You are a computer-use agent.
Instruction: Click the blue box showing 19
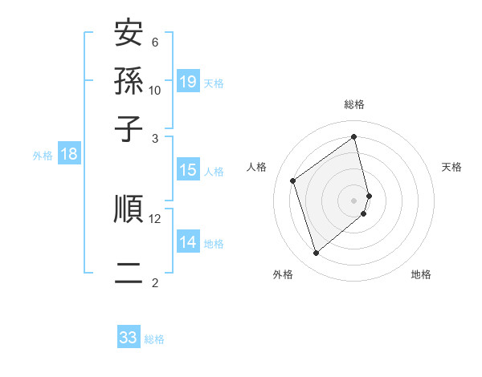(188, 82)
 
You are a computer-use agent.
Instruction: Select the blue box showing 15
(188, 170)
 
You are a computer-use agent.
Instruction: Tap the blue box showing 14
(188, 242)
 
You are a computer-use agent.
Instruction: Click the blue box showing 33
(129, 338)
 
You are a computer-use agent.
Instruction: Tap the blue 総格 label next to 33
(154, 338)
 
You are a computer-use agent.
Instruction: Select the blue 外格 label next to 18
(42, 156)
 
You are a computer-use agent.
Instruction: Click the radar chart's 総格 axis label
(354, 104)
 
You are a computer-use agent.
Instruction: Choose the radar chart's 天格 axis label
(451, 167)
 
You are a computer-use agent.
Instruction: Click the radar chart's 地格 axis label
(421, 274)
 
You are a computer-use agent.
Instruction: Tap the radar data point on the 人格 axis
(293, 180)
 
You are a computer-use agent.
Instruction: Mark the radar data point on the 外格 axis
(316, 253)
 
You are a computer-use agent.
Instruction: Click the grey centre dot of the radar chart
(354, 198)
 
